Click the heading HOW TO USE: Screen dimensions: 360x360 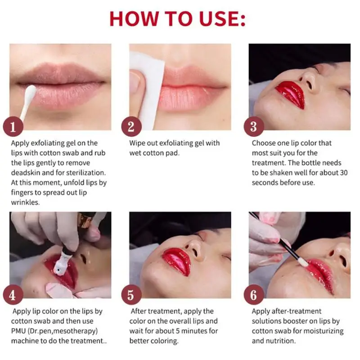177,19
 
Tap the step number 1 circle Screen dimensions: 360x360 13,126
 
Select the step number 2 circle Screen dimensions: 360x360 131,126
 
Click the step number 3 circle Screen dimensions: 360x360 254,126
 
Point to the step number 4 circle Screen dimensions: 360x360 13,295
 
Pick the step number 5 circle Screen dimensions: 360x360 131,295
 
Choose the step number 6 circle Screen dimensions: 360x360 254,295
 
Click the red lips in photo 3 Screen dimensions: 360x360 290,94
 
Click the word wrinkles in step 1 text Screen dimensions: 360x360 25,202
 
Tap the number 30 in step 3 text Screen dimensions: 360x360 343,173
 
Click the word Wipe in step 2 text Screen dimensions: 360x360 137,143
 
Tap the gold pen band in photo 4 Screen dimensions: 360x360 85,220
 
